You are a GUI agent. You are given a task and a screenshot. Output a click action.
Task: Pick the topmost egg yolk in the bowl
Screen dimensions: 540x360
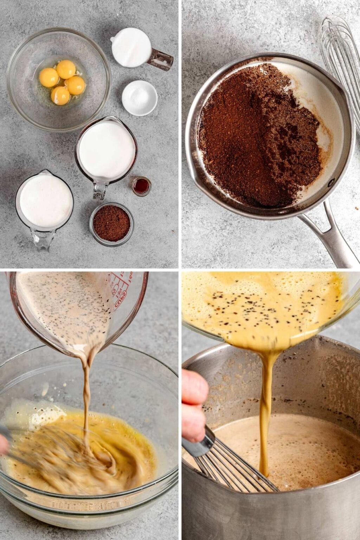click(x=66, y=69)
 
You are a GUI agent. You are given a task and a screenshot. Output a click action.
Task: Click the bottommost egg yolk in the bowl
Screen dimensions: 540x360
click(x=60, y=95)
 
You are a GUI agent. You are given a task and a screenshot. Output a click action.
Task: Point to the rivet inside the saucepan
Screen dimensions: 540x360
click(x=330, y=183)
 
